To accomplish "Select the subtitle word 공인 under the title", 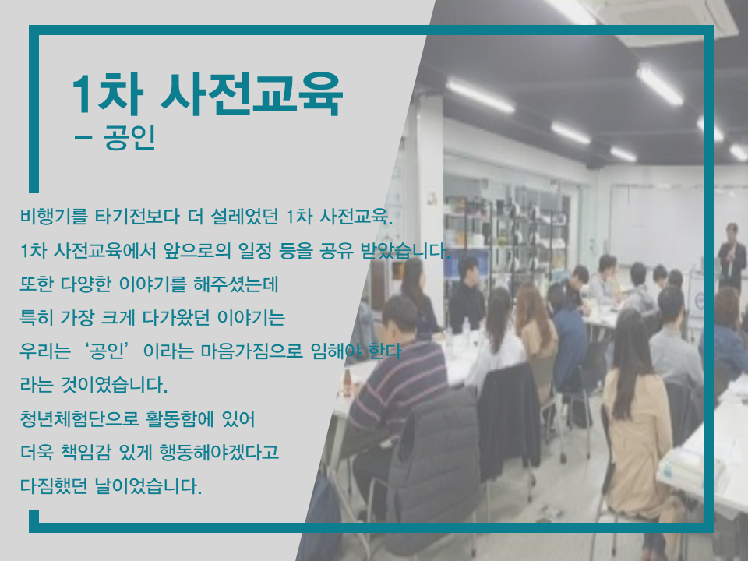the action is coord(129,137).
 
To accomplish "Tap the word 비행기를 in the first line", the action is coord(54,217).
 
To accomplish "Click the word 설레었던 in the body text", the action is coord(244,217).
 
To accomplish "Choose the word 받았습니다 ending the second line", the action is coord(405,250).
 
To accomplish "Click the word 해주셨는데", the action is coord(235,284).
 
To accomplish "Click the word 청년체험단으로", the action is coord(79,419).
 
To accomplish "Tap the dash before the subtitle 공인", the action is coord(83,138).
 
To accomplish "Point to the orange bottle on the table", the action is coord(348,383).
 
